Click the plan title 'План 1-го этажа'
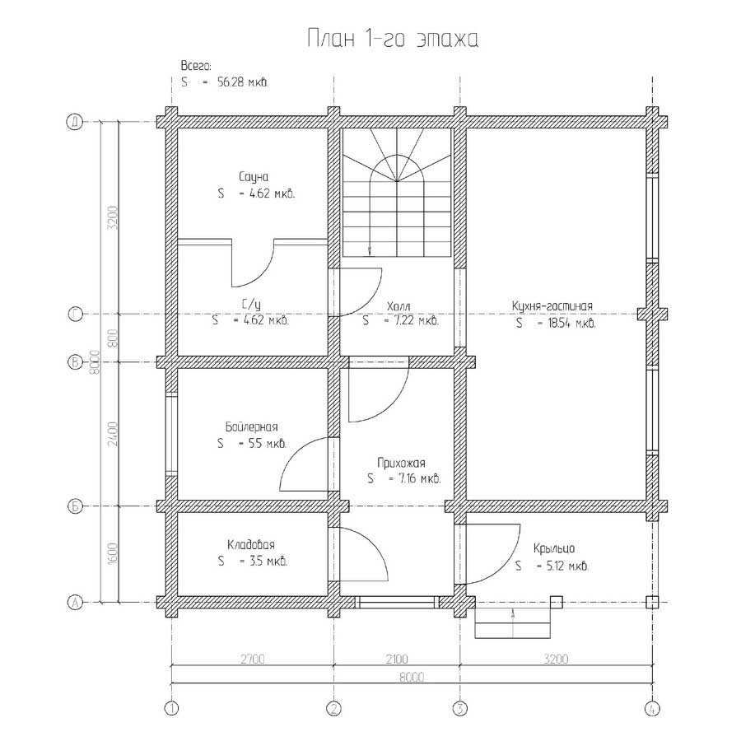click(393, 38)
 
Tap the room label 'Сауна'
click(254, 177)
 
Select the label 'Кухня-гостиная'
click(552, 305)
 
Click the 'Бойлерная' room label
click(251, 426)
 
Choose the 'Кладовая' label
click(251, 544)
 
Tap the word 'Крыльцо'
click(554, 548)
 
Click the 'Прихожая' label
click(401, 463)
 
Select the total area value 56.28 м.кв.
click(243, 82)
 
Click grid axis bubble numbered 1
click(171, 708)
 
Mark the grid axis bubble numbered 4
click(652, 708)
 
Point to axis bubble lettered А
click(75, 603)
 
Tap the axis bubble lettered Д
click(75, 122)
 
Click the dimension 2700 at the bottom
click(253, 659)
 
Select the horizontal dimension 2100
click(397, 659)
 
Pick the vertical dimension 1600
click(113, 553)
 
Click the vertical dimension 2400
click(113, 434)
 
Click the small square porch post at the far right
click(652, 603)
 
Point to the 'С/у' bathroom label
click(251, 304)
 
